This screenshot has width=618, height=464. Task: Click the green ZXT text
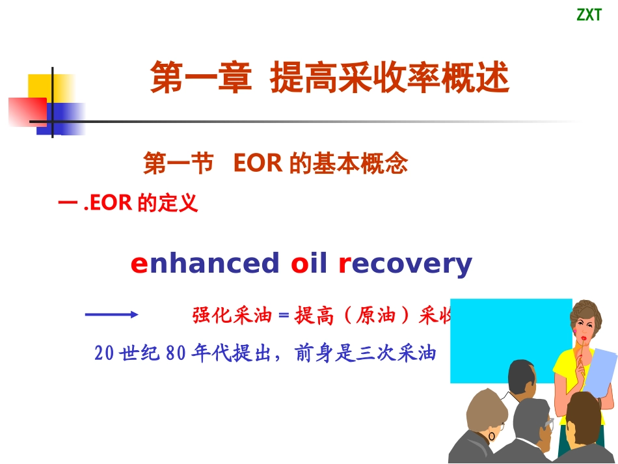click(x=589, y=15)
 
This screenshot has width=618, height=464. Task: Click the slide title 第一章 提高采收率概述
click(x=329, y=79)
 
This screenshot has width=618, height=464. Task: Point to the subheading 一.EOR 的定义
click(x=128, y=204)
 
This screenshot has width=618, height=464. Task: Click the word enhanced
click(x=204, y=264)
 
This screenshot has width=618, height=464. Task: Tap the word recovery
click(x=405, y=264)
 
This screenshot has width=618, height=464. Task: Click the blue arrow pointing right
click(x=111, y=314)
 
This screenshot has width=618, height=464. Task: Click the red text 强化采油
click(x=231, y=316)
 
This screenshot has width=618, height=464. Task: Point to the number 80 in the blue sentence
click(x=176, y=353)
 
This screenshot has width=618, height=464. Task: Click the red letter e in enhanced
click(x=139, y=264)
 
